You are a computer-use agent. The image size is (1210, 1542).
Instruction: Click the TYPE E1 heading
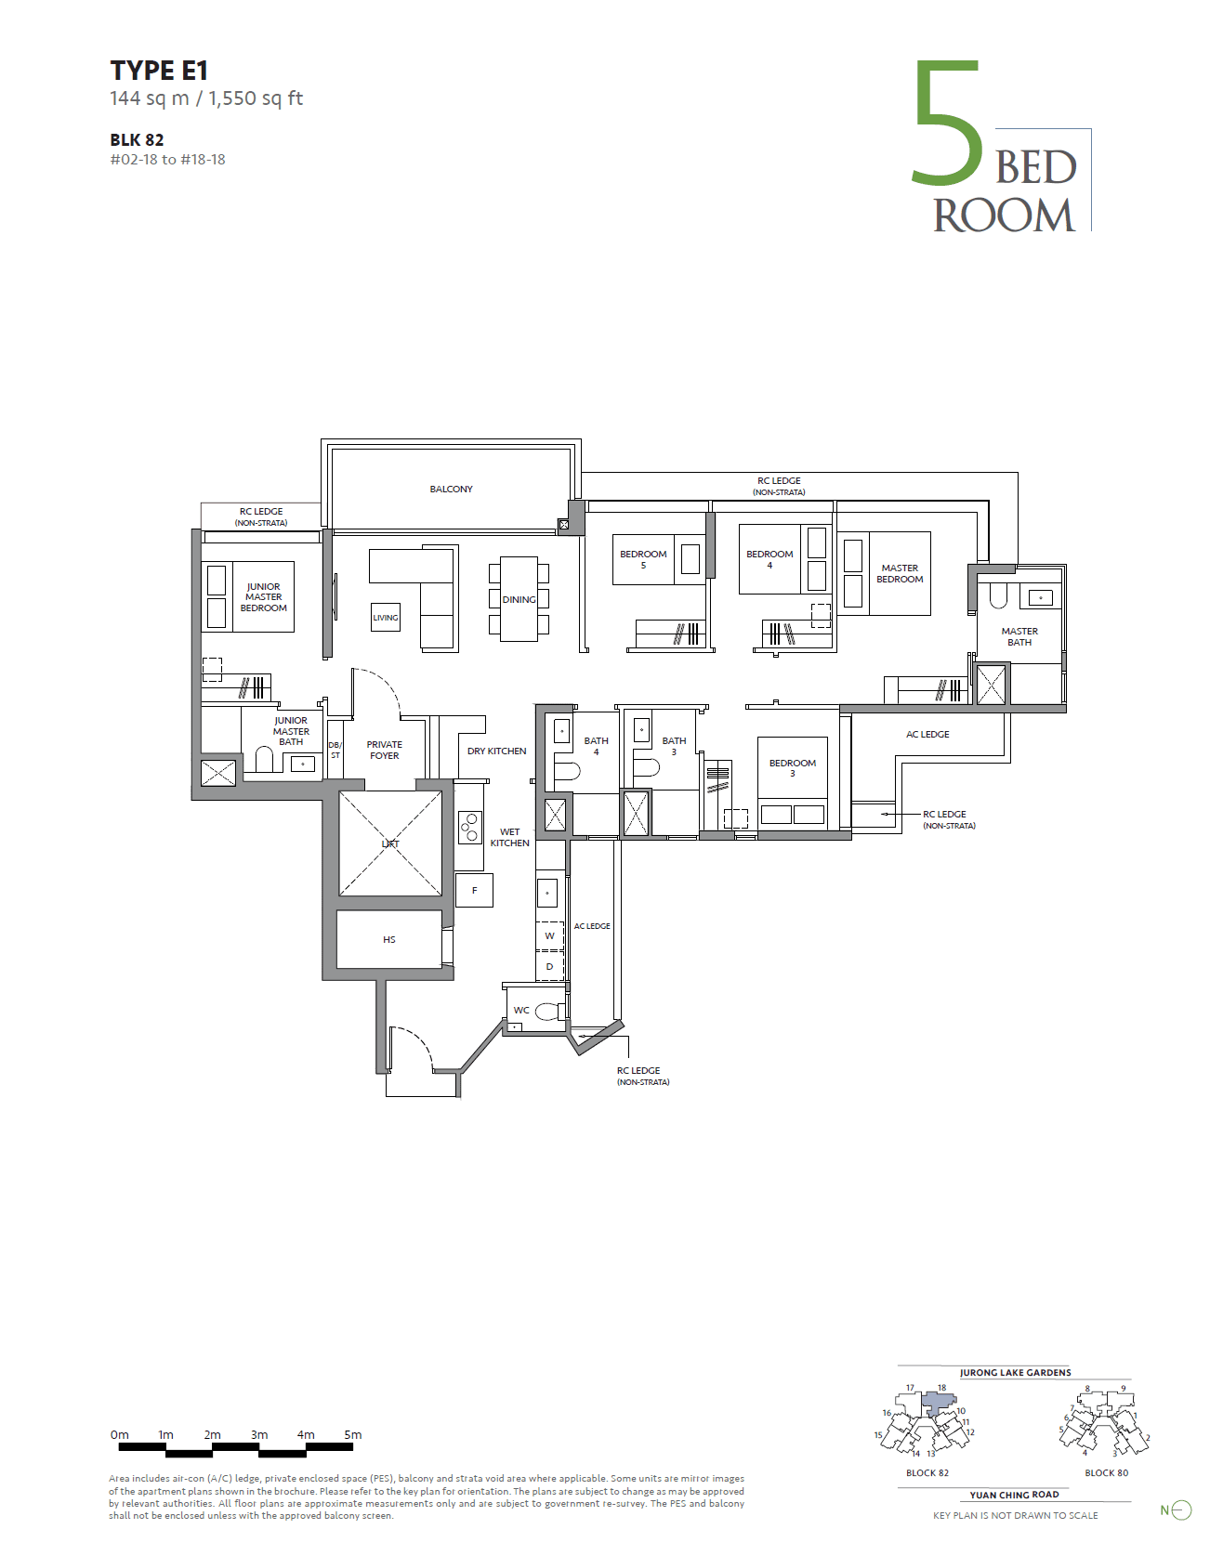tap(159, 71)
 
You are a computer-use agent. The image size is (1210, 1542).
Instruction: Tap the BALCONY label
tap(451, 489)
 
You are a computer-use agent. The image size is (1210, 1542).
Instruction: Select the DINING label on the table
tap(519, 600)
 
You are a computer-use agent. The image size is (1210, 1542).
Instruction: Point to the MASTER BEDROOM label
tap(900, 573)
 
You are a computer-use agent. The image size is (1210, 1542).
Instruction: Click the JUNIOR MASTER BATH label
tap(291, 731)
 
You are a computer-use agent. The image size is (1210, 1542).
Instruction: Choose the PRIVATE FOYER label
tap(384, 750)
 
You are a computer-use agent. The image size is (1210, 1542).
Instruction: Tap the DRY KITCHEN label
tap(497, 751)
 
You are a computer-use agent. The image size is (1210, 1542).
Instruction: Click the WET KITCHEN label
tap(509, 837)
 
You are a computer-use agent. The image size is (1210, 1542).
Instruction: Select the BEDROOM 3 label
tap(792, 768)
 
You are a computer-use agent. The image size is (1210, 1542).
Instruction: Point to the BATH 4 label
tap(596, 746)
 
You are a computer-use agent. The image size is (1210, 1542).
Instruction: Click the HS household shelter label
tap(388, 939)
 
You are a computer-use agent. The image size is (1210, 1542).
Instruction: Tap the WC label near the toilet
tap(521, 1010)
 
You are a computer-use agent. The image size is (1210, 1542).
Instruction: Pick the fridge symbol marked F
tap(474, 891)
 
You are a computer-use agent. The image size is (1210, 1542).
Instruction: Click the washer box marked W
tap(550, 936)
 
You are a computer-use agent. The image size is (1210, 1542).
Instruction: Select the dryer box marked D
tap(550, 966)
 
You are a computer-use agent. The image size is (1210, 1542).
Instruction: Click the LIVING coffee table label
tap(386, 618)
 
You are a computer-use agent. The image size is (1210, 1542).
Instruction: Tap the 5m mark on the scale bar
tap(353, 1435)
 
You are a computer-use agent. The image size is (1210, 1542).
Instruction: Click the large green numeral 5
tap(948, 124)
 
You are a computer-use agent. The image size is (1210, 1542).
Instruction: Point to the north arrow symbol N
tap(1176, 1510)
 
